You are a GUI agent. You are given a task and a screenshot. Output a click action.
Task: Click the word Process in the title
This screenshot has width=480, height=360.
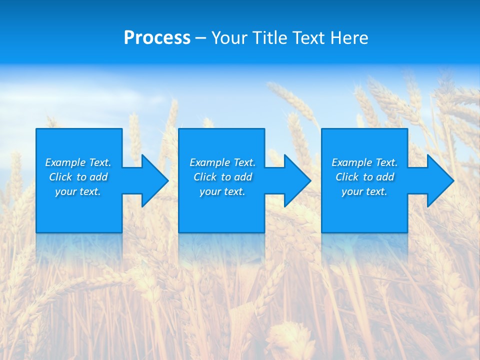click(x=157, y=38)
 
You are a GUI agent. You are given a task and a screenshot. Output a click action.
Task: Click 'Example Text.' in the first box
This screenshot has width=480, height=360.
click(x=78, y=162)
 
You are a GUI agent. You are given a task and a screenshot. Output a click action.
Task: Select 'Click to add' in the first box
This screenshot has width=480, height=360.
click(x=78, y=177)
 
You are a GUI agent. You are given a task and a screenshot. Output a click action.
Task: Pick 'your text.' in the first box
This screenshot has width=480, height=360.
click(x=78, y=191)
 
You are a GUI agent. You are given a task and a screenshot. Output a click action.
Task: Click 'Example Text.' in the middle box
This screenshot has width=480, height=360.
click(x=222, y=162)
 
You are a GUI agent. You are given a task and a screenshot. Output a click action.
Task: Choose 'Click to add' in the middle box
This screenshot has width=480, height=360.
click(x=222, y=177)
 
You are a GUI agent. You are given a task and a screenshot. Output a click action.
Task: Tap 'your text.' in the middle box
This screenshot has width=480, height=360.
click(x=222, y=191)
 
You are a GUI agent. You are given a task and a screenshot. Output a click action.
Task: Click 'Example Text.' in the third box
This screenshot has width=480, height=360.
click(x=364, y=162)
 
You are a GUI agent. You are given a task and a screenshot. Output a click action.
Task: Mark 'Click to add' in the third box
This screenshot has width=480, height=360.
click(x=364, y=177)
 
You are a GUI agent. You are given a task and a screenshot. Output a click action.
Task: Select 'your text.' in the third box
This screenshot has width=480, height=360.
click(x=364, y=191)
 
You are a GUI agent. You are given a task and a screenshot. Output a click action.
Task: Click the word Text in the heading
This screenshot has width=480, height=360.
click(x=308, y=38)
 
